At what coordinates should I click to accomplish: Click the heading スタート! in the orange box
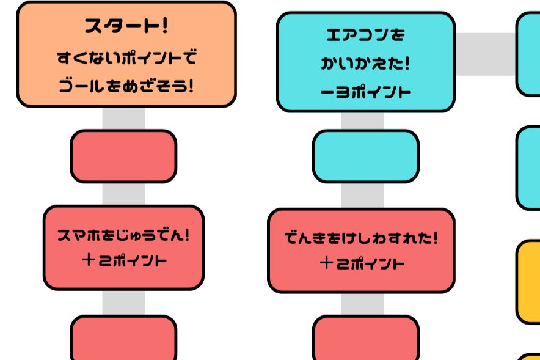(x=126, y=27)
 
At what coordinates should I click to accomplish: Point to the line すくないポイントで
(x=126, y=59)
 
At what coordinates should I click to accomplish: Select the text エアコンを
(x=365, y=35)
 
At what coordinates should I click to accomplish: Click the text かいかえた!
(x=365, y=63)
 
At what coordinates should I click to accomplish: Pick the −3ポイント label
(x=365, y=92)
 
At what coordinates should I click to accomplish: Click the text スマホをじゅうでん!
(x=123, y=235)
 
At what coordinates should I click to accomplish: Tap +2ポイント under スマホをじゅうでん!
(x=123, y=261)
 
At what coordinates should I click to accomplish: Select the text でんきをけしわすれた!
(x=361, y=238)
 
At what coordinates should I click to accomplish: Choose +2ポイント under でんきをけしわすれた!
(x=361, y=264)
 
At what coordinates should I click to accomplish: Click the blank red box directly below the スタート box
(x=123, y=156)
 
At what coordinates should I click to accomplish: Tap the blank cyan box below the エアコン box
(x=365, y=156)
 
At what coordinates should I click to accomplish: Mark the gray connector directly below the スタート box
(x=123, y=119)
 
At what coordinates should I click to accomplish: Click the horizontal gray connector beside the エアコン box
(x=486, y=54)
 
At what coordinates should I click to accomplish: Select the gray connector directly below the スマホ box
(x=123, y=303)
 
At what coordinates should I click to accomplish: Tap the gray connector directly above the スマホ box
(x=123, y=194)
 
